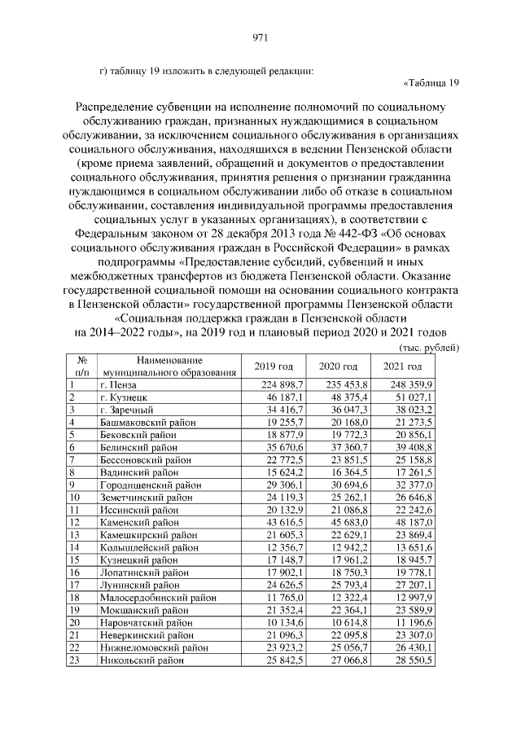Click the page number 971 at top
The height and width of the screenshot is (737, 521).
pos(260,37)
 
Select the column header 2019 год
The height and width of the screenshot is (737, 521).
pos(274,366)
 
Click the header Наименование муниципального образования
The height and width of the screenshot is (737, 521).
pos(158,366)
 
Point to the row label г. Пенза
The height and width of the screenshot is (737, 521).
pos(119,384)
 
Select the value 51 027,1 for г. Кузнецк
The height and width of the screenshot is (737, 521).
pos(414,397)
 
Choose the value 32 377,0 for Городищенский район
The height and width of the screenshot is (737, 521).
pos(414,486)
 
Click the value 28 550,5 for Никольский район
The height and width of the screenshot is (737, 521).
pos(414,660)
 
